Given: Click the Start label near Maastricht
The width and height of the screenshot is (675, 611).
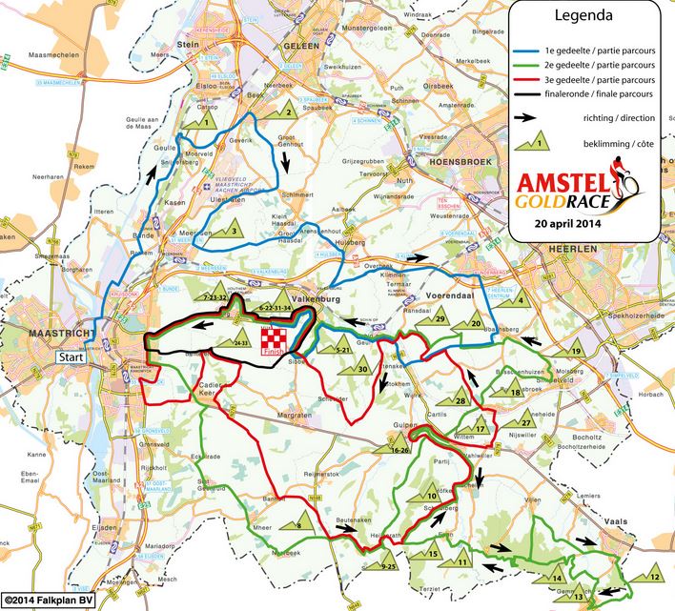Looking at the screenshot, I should pos(72,356).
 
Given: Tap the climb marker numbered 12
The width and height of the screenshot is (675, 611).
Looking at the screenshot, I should pos(652,577).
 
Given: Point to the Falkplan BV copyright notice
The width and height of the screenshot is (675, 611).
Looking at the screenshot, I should pos(46,601).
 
